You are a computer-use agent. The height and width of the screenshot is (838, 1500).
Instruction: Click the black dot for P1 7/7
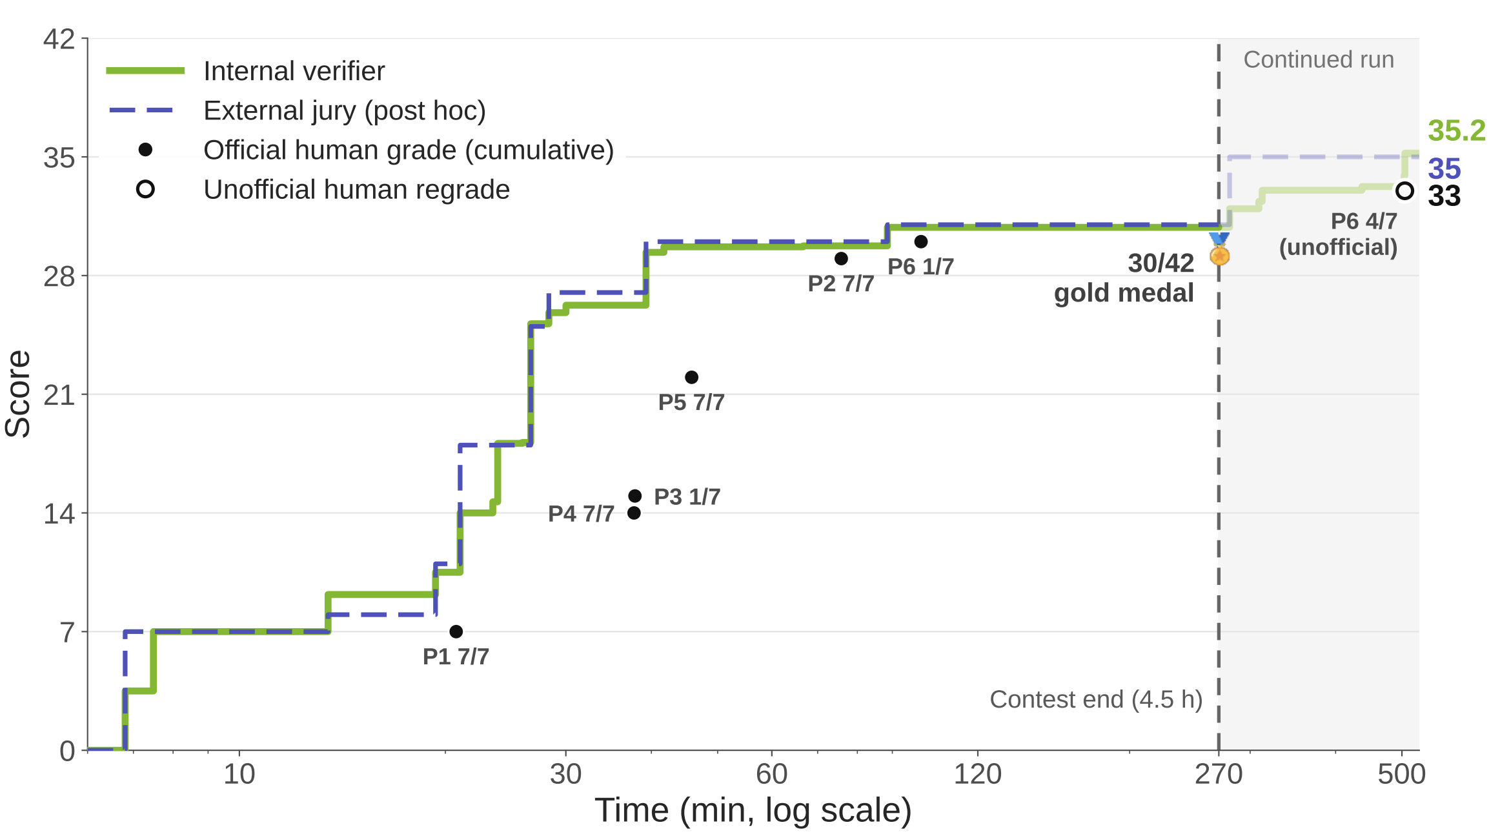(456, 631)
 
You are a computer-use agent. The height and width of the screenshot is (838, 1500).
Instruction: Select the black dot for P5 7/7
(692, 377)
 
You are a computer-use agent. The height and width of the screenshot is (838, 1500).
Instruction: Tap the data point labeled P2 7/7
(841, 258)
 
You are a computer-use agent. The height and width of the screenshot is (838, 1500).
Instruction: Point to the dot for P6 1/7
(921, 241)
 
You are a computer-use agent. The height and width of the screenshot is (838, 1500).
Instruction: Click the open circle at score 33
(1404, 190)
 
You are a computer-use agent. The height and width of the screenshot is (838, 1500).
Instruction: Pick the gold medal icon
(1219, 250)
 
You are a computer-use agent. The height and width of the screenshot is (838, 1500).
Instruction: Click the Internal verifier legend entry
(294, 71)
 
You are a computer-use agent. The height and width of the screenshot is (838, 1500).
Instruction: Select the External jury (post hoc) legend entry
(345, 110)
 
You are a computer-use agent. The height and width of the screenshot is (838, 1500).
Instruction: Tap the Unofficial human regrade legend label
(356, 190)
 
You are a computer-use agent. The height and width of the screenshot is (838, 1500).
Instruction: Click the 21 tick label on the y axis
(59, 394)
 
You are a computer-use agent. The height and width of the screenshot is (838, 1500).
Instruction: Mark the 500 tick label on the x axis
(1402, 773)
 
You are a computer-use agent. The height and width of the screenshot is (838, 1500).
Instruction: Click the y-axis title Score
(18, 394)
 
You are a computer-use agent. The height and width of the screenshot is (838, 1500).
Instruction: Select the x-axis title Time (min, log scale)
(753, 811)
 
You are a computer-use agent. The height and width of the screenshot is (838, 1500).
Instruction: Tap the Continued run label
(1319, 59)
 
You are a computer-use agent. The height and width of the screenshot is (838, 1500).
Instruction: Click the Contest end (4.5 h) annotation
(1096, 699)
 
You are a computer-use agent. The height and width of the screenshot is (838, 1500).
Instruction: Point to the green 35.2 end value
(1457, 130)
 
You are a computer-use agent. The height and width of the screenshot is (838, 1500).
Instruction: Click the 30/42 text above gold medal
(1161, 263)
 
